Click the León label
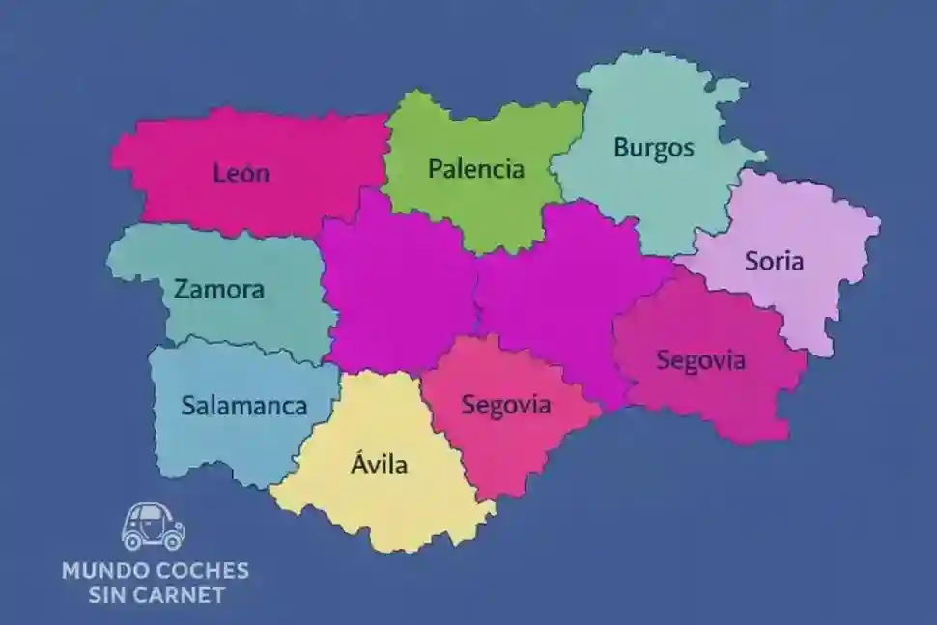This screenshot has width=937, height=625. point(241,174)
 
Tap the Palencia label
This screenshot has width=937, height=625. point(475,170)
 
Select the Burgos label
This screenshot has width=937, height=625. point(654,149)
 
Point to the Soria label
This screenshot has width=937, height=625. point(774,260)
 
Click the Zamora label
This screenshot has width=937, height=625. point(219,289)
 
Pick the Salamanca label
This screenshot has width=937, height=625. point(244,405)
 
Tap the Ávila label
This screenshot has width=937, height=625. point(379,465)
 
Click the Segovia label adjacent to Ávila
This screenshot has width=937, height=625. point(506,405)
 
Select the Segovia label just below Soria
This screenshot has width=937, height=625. point(701,360)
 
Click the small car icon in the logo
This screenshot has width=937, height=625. point(154,526)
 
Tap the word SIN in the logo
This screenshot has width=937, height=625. point(108,594)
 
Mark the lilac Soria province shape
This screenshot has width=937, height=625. point(802,299)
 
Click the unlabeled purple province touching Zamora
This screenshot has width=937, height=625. point(396,290)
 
